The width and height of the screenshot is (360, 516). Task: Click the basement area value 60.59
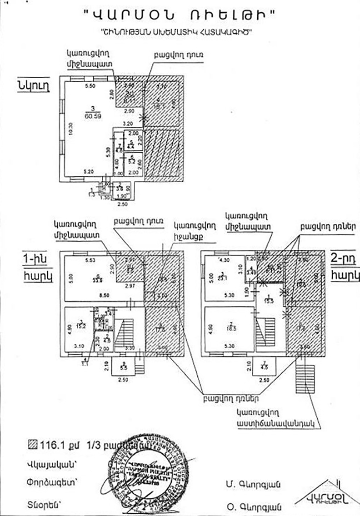click(x=92, y=115)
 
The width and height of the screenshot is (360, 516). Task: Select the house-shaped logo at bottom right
click(x=325, y=496)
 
